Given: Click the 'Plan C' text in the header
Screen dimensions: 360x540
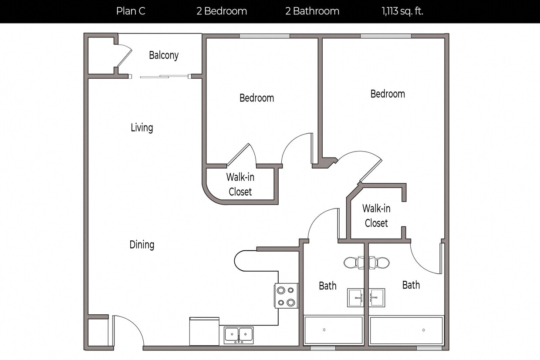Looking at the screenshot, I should click(x=131, y=11).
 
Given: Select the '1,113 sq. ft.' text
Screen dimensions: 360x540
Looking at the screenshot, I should click(x=402, y=11).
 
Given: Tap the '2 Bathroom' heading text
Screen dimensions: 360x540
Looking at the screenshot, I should click(x=312, y=11).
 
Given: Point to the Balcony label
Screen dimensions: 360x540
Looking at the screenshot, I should click(x=164, y=55).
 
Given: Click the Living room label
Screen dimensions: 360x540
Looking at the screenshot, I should click(x=142, y=128).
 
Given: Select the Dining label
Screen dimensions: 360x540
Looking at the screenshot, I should click(x=142, y=245).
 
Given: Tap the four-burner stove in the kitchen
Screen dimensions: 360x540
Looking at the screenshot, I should click(x=286, y=296).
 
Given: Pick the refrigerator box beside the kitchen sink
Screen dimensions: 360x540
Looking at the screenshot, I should click(x=204, y=332).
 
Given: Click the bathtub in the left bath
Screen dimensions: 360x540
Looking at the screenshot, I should click(x=334, y=330).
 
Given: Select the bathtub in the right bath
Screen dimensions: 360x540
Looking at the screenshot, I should click(x=406, y=330).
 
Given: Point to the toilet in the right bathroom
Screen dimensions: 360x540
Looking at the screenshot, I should click(x=381, y=262).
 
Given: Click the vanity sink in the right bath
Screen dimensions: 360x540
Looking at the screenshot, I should click(x=377, y=298).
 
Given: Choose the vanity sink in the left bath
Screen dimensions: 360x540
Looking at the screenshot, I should click(x=355, y=298).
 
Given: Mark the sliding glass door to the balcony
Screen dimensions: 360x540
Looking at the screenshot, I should click(x=165, y=77).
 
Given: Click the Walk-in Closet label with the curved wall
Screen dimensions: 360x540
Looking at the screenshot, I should click(x=240, y=185).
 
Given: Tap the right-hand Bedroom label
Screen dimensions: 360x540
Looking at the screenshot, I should click(x=388, y=94).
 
